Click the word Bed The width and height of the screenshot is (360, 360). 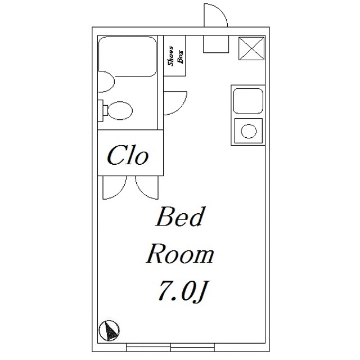click(x=180, y=217)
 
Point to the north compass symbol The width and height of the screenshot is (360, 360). click(x=109, y=331)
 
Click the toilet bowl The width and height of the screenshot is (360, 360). click(x=120, y=110)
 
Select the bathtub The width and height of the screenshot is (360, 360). click(x=128, y=56)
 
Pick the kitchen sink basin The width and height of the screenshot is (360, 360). click(x=248, y=101)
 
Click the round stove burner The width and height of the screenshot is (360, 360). click(x=249, y=131)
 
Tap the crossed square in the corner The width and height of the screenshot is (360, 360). click(x=251, y=48)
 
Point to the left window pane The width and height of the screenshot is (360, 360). click(x=148, y=347)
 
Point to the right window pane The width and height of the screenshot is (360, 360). click(x=192, y=347)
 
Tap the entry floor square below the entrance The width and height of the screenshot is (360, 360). click(x=216, y=44)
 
